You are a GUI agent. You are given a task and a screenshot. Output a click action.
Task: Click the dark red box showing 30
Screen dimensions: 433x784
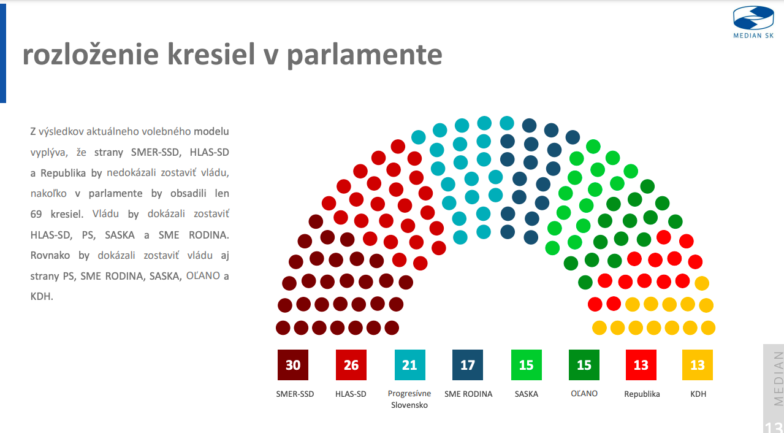[x=293, y=365]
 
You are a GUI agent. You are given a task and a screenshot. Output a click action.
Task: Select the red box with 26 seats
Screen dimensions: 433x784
[x=351, y=365]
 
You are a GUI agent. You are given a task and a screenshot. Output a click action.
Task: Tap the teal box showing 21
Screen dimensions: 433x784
[x=409, y=365]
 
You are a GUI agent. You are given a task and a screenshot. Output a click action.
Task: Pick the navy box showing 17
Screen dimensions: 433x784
[x=468, y=365]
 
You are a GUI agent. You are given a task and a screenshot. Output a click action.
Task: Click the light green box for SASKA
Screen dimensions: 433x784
[x=527, y=365]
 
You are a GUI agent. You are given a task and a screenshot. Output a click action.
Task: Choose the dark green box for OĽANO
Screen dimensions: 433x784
[x=584, y=365]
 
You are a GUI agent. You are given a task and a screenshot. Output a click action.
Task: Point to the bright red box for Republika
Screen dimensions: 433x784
[x=641, y=365]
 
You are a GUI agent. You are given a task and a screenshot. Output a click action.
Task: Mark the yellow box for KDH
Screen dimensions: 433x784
[x=698, y=365]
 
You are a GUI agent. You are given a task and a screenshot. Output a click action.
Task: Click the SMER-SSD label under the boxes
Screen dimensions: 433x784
[x=295, y=394]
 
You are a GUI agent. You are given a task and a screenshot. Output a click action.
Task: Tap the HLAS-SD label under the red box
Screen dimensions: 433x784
[x=351, y=394]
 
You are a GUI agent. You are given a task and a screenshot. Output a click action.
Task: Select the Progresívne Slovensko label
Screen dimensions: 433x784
[x=409, y=399]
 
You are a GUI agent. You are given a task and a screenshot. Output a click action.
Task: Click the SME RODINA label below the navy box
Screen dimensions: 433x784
[x=468, y=394]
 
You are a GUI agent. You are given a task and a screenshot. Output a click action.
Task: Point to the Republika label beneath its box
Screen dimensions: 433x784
[x=642, y=394]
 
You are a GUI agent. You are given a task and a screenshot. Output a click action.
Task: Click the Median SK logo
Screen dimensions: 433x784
[x=753, y=21]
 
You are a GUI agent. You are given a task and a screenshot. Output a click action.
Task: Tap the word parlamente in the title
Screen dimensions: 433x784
[x=365, y=55]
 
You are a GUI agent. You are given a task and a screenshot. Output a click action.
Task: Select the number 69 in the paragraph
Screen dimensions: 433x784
[x=36, y=215]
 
